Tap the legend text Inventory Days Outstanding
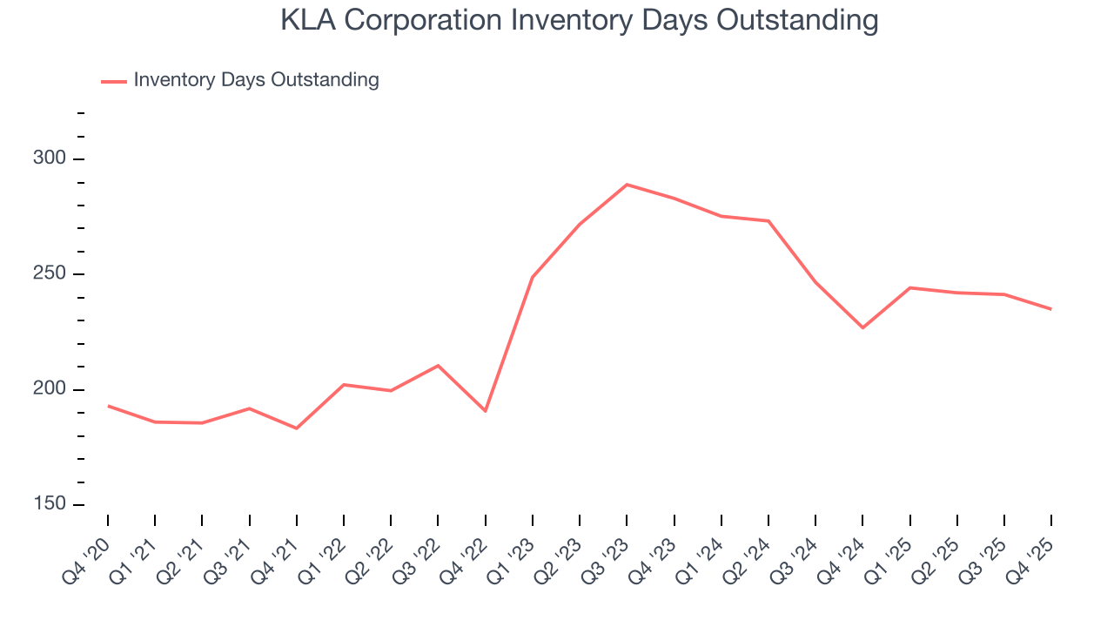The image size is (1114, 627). pyautogui.click(x=256, y=80)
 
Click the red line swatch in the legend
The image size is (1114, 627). pyautogui.click(x=114, y=81)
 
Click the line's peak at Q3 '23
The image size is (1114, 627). pyautogui.click(x=627, y=185)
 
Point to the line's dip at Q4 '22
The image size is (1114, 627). pyautogui.click(x=485, y=411)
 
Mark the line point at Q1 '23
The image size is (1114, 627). pyautogui.click(x=533, y=277)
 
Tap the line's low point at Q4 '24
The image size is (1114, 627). pyautogui.click(x=862, y=327)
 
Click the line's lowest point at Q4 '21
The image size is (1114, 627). pyautogui.click(x=297, y=428)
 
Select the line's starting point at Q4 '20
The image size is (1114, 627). pyautogui.click(x=108, y=406)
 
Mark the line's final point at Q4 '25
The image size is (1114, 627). pyautogui.click(x=1050, y=309)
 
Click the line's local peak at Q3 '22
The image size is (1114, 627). pyautogui.click(x=438, y=365)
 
